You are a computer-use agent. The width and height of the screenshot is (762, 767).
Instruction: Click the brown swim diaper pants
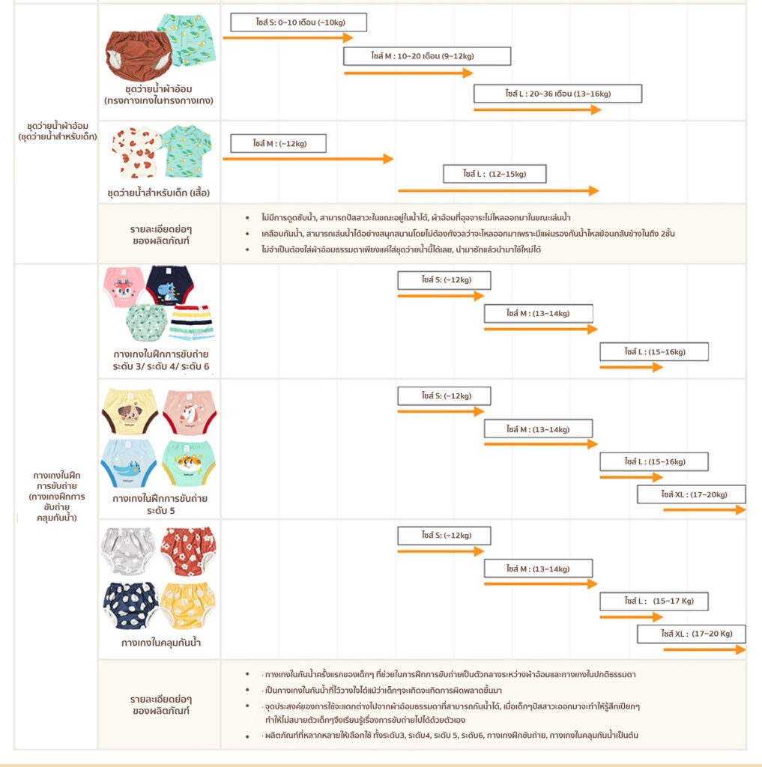tap(139, 55)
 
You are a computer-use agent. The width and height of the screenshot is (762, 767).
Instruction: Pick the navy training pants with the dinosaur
tap(169, 285)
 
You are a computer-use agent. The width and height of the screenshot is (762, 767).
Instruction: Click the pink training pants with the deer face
tap(124, 287)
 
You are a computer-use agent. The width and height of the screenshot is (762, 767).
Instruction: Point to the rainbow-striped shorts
tap(192, 322)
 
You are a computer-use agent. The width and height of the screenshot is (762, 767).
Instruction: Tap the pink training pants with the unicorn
tap(190, 412)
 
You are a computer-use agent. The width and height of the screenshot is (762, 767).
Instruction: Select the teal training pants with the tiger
tap(188, 463)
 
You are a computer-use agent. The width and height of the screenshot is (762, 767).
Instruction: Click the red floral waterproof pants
tap(188, 551)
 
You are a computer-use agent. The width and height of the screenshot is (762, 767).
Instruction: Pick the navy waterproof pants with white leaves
tap(131, 605)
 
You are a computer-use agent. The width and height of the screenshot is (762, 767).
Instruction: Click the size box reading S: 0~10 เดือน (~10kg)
tap(298, 22)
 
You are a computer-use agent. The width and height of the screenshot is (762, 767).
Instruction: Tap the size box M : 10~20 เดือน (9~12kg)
tap(427, 55)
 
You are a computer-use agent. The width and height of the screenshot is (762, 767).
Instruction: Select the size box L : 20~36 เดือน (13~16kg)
tap(558, 94)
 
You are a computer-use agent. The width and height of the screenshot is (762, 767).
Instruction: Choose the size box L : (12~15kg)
tap(495, 174)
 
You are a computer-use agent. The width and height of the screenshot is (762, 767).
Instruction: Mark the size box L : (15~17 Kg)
tap(654, 601)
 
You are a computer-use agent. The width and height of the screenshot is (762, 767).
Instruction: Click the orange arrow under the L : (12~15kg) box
tap(499, 190)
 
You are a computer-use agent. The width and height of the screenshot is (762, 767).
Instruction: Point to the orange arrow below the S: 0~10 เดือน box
tap(288, 37)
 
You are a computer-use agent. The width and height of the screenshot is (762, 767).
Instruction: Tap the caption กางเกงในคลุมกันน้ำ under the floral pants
tap(161, 642)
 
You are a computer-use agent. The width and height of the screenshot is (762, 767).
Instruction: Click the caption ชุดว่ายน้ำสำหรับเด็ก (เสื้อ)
tap(159, 192)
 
